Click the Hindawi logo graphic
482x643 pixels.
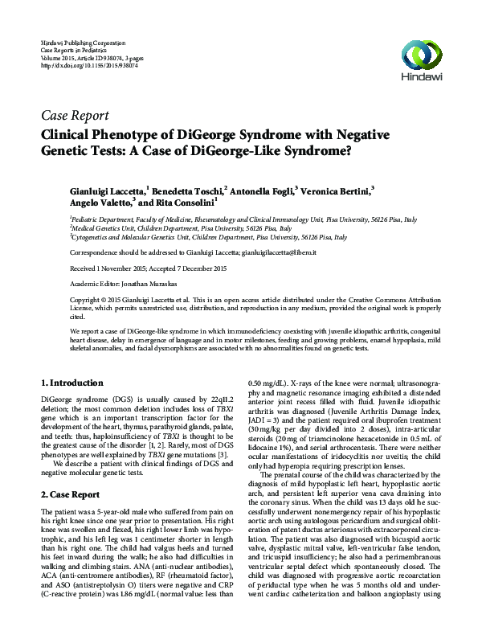tap(423, 55)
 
